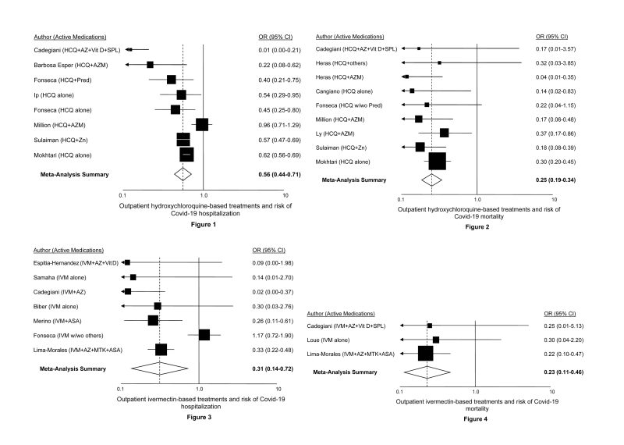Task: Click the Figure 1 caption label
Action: pos(182,226)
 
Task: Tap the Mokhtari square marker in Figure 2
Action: pos(438,161)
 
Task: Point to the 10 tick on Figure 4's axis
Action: pos(552,391)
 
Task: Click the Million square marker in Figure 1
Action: pos(202,123)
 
